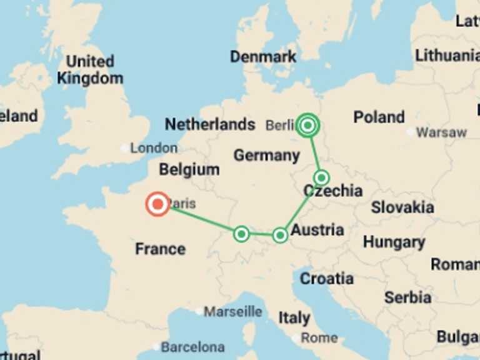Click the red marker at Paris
pos(157,204)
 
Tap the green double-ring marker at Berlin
pos(307,126)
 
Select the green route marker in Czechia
pos(321,177)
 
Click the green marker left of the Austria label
pos(280,235)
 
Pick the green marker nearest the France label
pos(241,234)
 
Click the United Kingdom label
pos(90,70)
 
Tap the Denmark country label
pos(263,57)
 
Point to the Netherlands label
pos(210,124)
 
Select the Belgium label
pos(189,169)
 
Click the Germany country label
pos(266,155)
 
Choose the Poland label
pos(379,117)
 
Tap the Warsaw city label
pos(441,132)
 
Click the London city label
pos(154,148)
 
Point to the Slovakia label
pos(402,207)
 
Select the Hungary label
pos(394,242)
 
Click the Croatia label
pos(327,279)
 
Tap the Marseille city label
pos(233,311)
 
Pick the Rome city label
pos(319,338)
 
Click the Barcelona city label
pos(192,347)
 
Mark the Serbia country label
pos(407,297)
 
